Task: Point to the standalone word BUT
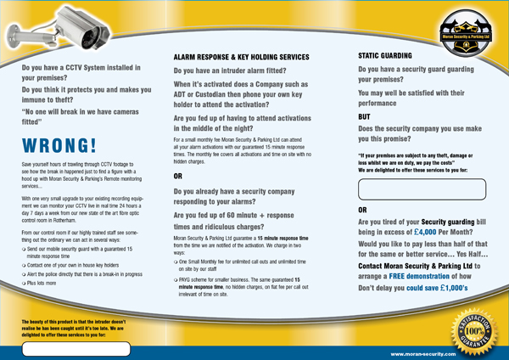366,116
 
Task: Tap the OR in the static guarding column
363,208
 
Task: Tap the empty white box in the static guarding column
422,188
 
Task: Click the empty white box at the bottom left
76,347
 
